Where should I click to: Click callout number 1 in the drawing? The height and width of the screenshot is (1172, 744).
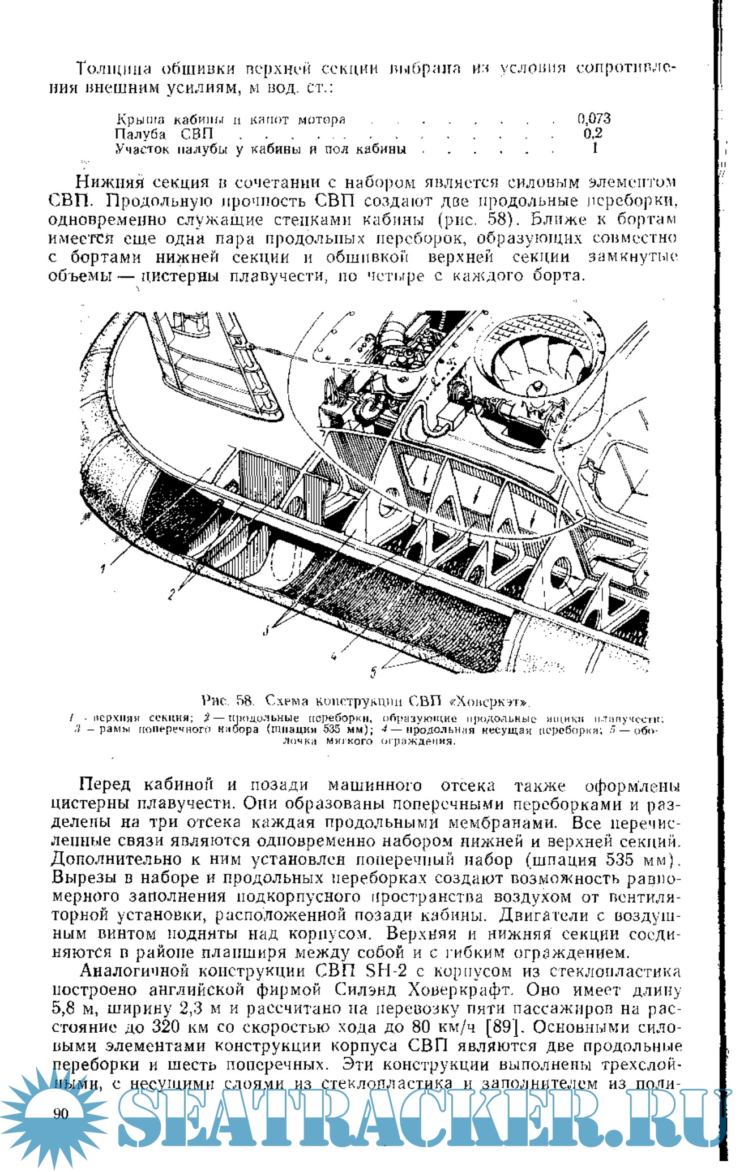click(x=103, y=569)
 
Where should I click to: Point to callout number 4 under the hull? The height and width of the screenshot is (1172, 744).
click(x=333, y=656)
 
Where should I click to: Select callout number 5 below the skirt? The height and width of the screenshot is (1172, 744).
click(x=374, y=671)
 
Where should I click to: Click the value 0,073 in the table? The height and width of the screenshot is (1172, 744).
click(x=594, y=118)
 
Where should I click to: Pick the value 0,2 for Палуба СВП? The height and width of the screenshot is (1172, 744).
click(x=593, y=134)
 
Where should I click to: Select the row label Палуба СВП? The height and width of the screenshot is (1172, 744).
click(x=164, y=134)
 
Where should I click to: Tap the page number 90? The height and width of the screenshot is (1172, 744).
click(x=61, y=1114)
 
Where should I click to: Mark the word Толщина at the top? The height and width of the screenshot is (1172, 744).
click(x=114, y=69)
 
